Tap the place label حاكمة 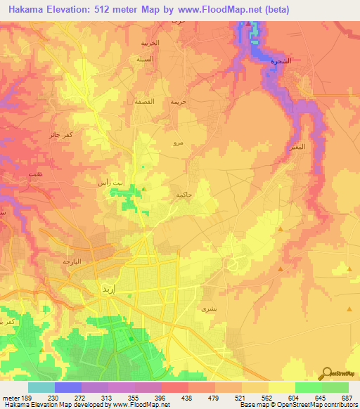click(x=184, y=194)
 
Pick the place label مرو click(x=179, y=143)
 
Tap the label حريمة click(x=178, y=101)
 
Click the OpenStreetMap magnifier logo click(x=327, y=372)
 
